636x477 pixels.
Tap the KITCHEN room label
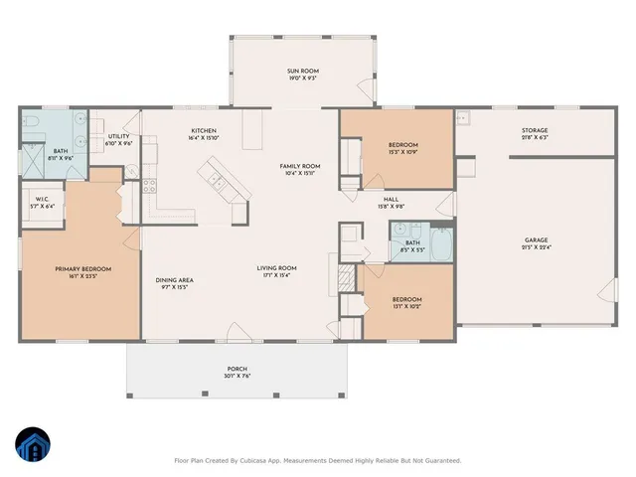[204, 131]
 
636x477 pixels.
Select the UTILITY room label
[118, 136]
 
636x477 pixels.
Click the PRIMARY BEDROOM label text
[82, 269]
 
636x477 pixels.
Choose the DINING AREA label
[174, 280]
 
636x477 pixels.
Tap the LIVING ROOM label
[277, 268]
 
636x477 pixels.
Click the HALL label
[391, 200]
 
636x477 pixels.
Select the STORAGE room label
[535, 130]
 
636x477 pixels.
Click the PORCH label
[237, 369]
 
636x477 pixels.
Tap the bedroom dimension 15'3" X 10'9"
[402, 153]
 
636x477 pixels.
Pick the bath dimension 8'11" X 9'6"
[33, 158]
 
